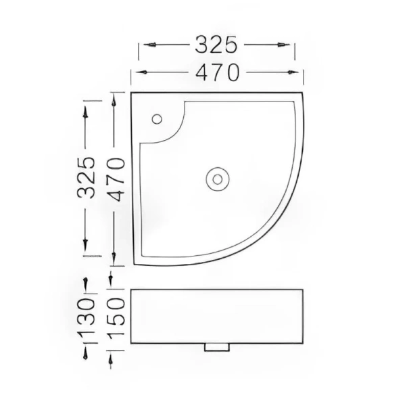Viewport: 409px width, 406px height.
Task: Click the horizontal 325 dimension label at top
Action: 217,45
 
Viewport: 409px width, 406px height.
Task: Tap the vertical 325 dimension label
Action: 85,177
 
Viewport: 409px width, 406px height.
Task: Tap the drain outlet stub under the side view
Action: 217,346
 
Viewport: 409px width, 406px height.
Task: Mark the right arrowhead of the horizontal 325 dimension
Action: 291,45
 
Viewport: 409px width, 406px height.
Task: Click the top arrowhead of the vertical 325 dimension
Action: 85,108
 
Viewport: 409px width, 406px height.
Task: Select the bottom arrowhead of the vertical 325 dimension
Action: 85,250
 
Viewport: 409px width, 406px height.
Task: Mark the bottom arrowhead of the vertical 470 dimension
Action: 114,260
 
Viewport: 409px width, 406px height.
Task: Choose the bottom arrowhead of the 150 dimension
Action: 113,361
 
